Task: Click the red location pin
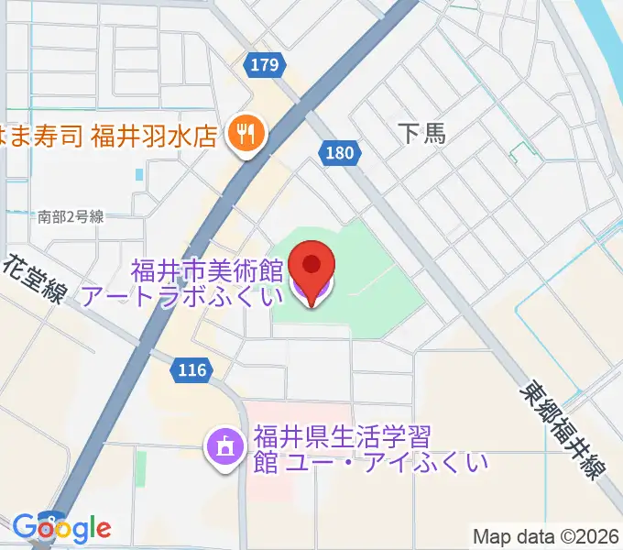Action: [x=311, y=267]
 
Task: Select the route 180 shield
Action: [x=338, y=153]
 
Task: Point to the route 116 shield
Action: [x=191, y=370]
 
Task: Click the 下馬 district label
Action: [x=422, y=134]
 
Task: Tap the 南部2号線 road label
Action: [x=71, y=217]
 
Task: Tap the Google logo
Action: [x=61, y=527]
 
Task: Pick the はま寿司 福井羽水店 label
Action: [x=110, y=136]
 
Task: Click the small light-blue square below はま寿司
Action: [x=138, y=173]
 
